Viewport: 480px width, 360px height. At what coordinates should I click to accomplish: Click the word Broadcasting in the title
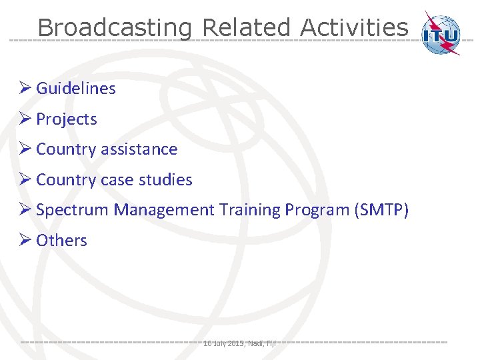(x=114, y=28)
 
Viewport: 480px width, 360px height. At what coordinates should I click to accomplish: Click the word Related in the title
(x=246, y=28)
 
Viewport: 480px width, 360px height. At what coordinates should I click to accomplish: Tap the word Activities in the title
(x=353, y=28)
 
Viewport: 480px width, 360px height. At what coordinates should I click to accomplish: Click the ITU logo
(x=442, y=33)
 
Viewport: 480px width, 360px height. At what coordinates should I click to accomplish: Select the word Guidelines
(x=75, y=89)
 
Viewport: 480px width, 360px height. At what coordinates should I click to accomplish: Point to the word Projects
(x=66, y=119)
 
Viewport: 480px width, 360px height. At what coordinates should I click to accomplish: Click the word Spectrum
(x=73, y=210)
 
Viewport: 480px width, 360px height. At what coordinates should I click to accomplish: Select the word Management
(x=164, y=210)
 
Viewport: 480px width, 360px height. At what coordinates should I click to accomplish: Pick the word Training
(x=249, y=210)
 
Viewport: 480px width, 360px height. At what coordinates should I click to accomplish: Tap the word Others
(x=61, y=241)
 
